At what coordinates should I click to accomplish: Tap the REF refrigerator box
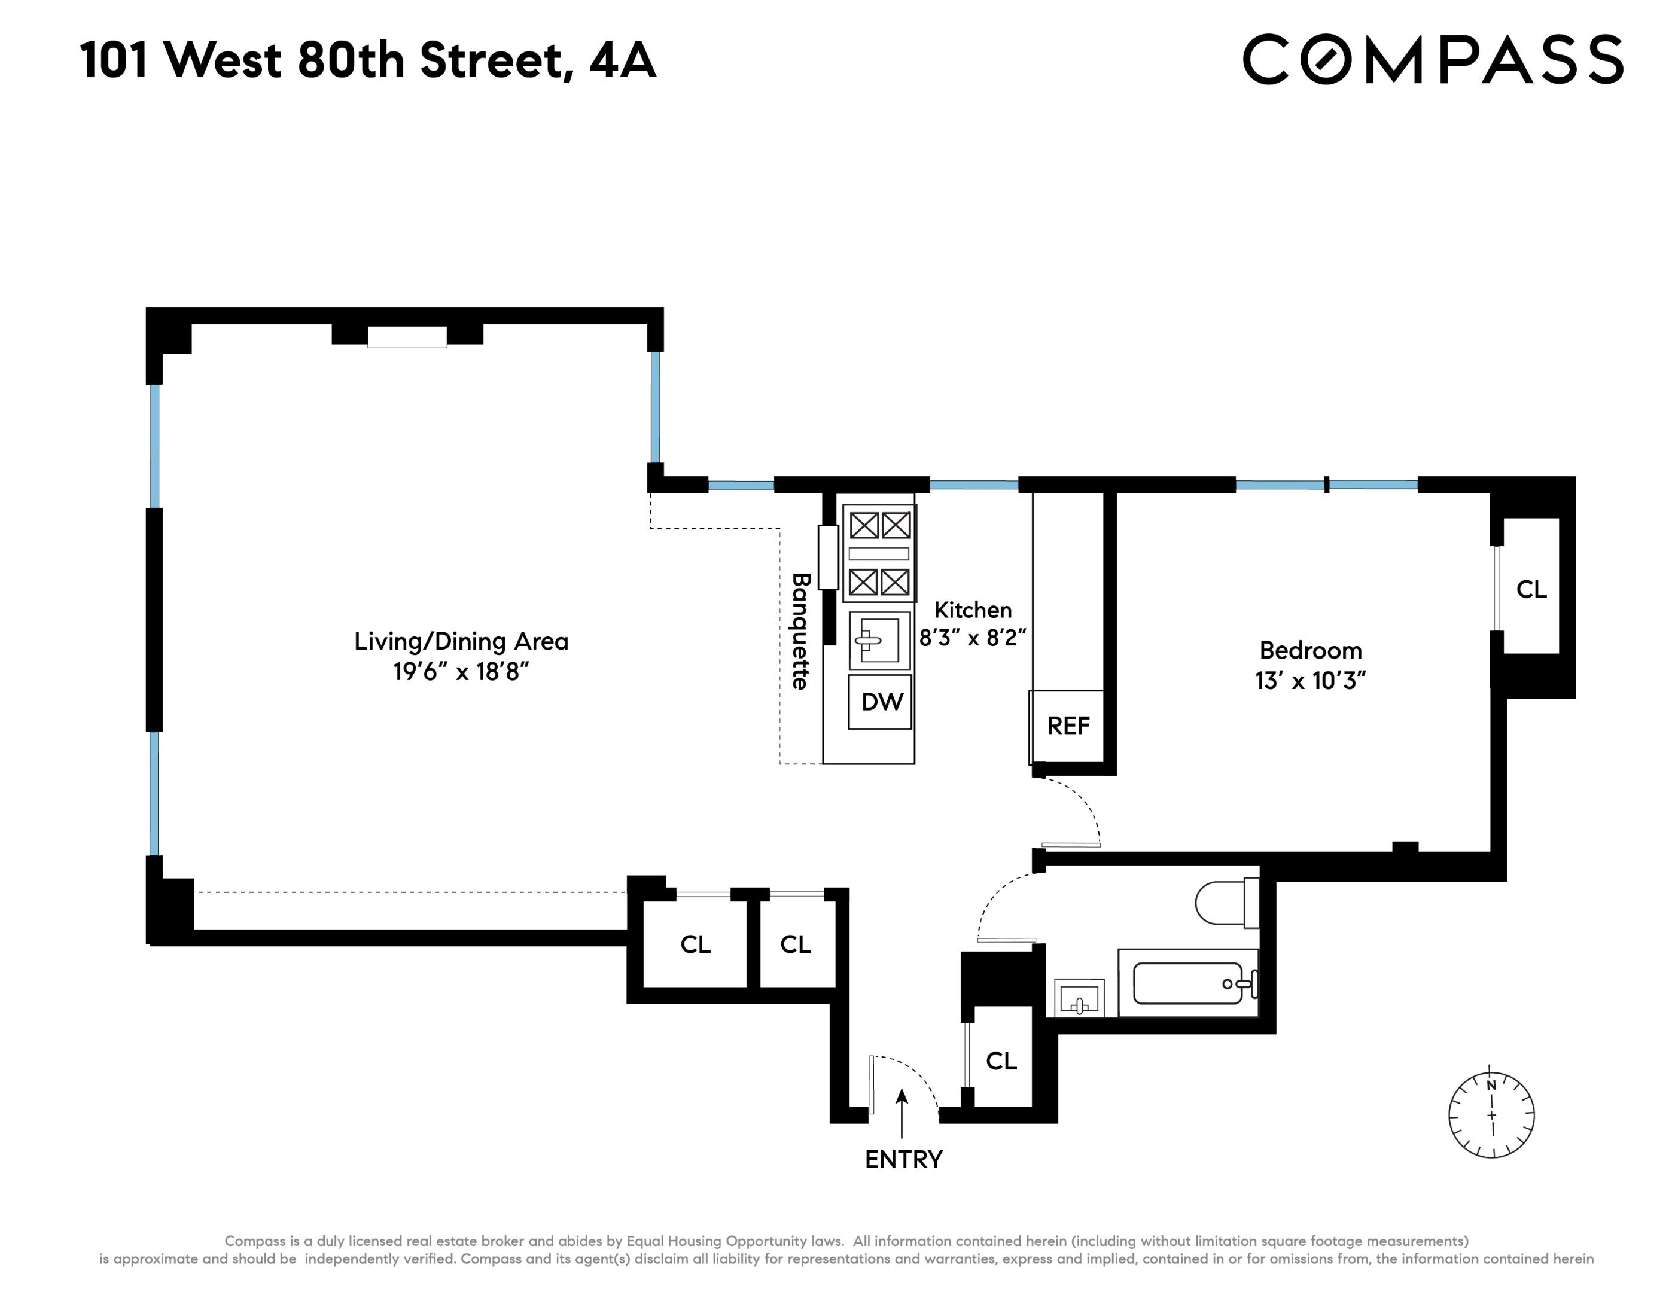(1068, 726)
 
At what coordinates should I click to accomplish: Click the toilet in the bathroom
(1226, 903)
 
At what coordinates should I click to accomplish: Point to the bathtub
(1187, 983)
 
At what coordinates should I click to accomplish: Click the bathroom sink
(1079, 999)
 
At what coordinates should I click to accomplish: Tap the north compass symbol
(1491, 1114)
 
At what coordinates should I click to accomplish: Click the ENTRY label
(903, 1160)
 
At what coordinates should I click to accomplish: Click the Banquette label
(800, 632)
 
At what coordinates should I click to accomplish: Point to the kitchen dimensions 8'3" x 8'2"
(972, 638)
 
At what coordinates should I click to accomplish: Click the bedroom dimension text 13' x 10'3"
(1311, 681)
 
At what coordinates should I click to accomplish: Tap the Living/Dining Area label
(461, 641)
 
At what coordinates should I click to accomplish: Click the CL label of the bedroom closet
(1531, 589)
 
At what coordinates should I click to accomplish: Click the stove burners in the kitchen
(879, 553)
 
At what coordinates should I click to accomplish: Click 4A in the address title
(622, 60)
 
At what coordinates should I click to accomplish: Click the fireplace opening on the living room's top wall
(407, 337)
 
